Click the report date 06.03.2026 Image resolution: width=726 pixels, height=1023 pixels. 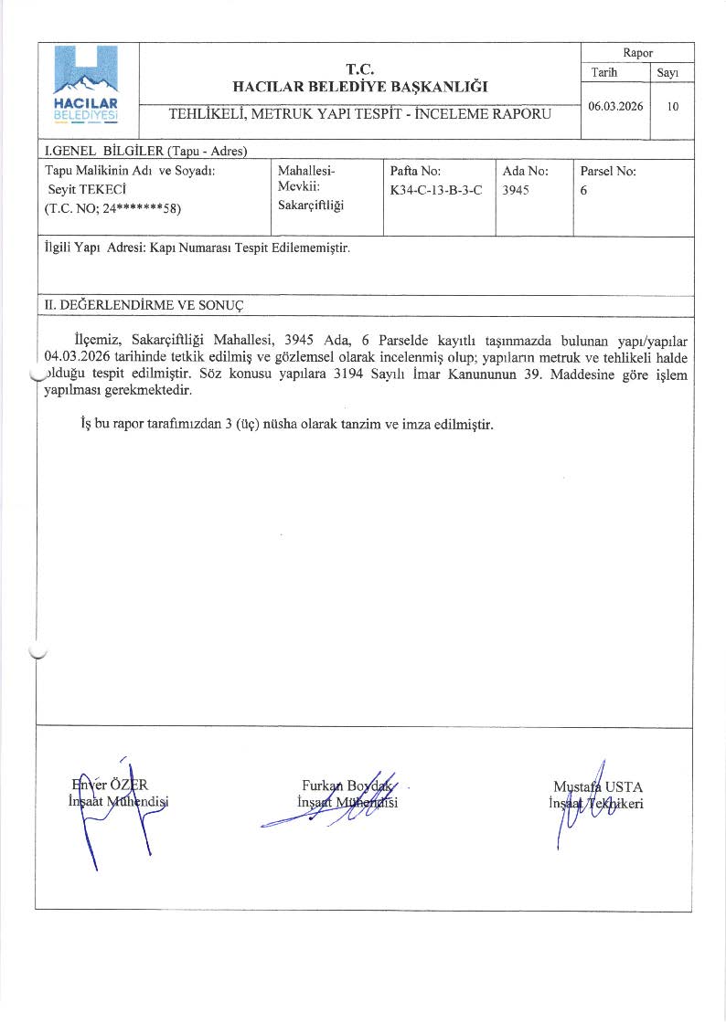[615, 106]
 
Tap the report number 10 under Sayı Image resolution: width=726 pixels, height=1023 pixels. [672, 106]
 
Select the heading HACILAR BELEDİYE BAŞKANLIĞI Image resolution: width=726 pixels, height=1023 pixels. [360, 87]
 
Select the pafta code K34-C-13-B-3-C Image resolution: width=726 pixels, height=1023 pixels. [435, 191]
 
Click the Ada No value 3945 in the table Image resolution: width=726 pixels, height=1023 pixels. [516, 191]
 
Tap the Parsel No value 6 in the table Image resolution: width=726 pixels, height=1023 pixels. [583, 191]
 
